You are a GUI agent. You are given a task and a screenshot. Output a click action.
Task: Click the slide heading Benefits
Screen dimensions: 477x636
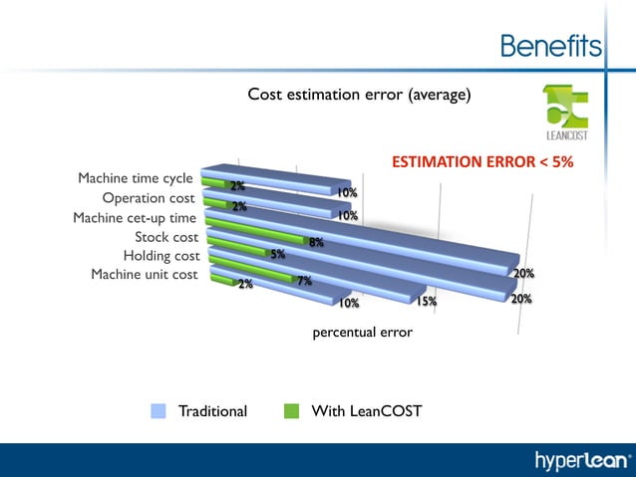[550, 47]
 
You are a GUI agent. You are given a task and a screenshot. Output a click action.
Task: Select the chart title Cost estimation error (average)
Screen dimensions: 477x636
[359, 95]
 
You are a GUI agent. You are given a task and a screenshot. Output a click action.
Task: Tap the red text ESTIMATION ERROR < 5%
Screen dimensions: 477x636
[481, 161]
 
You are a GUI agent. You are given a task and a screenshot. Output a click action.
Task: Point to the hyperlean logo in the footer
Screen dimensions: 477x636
[583, 460]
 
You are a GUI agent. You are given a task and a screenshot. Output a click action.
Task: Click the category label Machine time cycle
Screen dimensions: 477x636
[136, 178]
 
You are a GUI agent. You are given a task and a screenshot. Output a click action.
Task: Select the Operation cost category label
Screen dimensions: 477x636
[149, 198]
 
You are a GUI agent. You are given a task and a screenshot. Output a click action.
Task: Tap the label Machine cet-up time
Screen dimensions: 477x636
[135, 218]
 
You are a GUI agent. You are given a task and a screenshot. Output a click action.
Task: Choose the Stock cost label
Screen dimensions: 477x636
[166, 237]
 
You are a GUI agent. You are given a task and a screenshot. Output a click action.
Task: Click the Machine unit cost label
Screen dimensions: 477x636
[145, 275]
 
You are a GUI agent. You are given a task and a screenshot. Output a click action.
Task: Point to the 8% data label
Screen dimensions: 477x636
[316, 242]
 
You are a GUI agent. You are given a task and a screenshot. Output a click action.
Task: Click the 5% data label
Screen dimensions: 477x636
[278, 255]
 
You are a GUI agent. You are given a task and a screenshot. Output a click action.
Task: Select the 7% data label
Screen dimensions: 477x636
[305, 281]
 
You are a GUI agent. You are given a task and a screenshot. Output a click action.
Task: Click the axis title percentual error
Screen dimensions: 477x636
[362, 333]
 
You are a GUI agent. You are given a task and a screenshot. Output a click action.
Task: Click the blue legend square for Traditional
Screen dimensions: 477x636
[159, 410]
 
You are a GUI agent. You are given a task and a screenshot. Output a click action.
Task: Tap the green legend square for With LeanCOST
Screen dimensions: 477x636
[291, 410]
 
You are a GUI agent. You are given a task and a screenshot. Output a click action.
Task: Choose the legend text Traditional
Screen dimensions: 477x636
[212, 410]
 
